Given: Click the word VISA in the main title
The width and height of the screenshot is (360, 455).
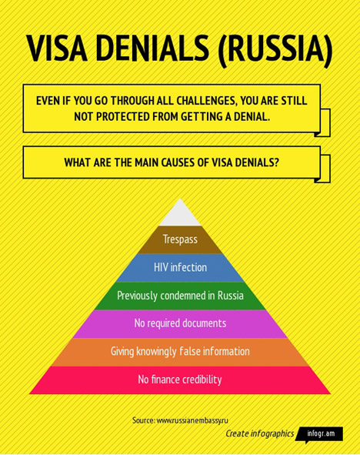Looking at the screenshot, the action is (57, 49).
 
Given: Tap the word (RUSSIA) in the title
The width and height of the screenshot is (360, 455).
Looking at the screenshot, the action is (275, 49).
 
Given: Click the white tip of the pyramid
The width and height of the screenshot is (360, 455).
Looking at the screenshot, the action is (180, 215).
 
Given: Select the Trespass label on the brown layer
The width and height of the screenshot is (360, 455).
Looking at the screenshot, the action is (180, 239).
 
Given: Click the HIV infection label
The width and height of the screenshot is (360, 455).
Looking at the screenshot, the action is (180, 267).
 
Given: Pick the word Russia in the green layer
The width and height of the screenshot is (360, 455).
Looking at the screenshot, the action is (231, 296).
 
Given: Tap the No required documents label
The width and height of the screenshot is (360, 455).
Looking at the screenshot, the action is (180, 323).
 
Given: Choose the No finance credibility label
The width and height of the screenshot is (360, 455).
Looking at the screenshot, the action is (180, 380).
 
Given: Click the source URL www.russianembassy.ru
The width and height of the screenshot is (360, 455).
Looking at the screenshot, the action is (192, 420).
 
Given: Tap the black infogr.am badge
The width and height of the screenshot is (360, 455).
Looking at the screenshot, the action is (320, 434).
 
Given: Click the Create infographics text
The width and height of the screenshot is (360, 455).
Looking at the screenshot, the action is (260, 433).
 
